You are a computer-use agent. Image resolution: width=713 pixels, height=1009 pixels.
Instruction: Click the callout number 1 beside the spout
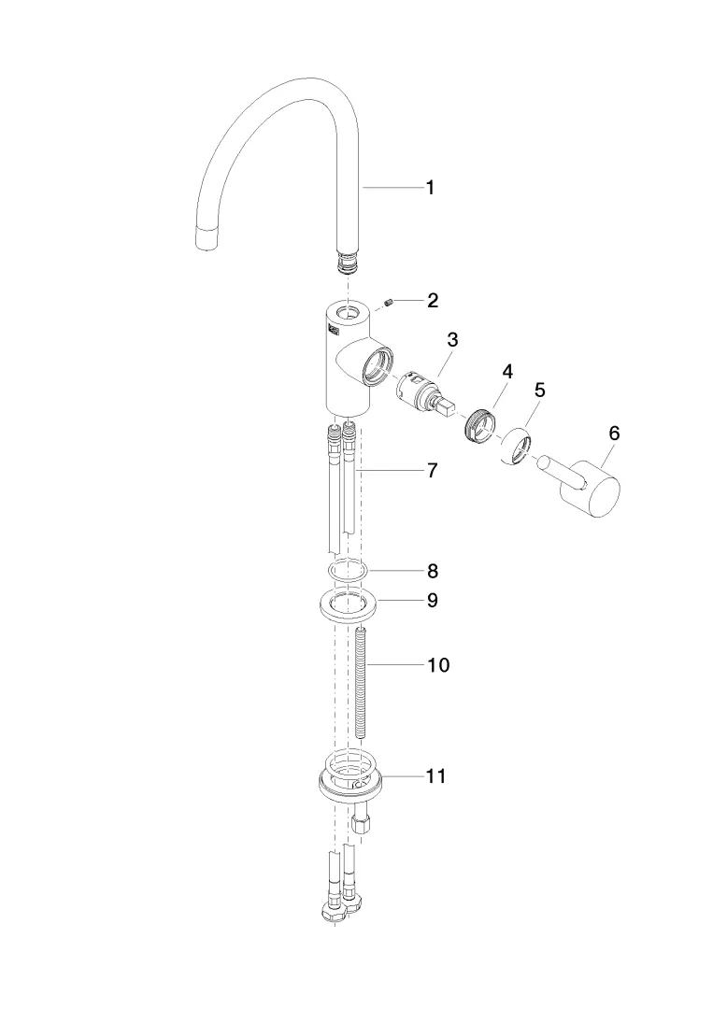coord(430,188)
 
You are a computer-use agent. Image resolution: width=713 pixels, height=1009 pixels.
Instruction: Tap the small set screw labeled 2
coord(392,302)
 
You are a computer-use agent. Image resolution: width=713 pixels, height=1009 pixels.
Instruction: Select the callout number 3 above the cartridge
coord(452,340)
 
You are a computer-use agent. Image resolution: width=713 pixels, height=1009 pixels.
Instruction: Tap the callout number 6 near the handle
coord(614,433)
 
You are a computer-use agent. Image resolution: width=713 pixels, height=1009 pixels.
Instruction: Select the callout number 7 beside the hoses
coord(432,471)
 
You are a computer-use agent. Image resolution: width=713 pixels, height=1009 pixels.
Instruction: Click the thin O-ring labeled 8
coord(348,570)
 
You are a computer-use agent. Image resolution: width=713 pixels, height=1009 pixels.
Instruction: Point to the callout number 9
coord(432,600)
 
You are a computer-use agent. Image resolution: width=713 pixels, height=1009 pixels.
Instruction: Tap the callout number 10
coord(437,665)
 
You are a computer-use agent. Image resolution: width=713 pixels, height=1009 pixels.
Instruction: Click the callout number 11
coord(435,775)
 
